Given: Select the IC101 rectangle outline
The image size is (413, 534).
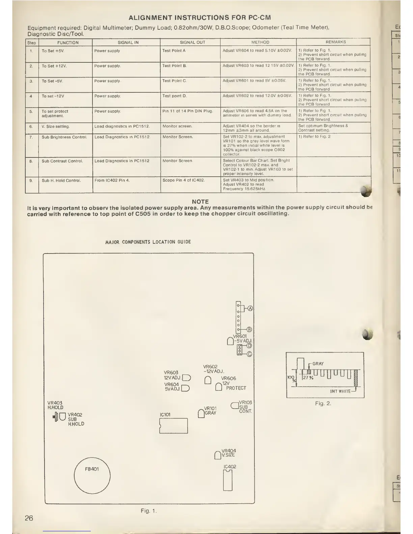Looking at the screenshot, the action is point(173,426).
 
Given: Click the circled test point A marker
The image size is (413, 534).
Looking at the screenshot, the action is point(250,308).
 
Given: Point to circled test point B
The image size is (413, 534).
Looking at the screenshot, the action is point(249,329).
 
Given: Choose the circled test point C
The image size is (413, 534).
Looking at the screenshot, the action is point(250,354).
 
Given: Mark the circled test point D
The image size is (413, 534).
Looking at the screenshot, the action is point(250,346).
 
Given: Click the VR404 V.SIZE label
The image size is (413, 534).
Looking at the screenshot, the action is point(228,453).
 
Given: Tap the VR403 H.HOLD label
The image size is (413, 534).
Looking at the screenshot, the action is point(55,405).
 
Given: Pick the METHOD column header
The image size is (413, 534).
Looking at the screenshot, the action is point(260,42).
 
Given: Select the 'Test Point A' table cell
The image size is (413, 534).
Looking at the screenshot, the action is point(174,51).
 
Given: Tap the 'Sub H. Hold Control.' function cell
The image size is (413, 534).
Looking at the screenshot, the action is point(61,180).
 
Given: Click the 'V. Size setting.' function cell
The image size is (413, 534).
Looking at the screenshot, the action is point(55,126).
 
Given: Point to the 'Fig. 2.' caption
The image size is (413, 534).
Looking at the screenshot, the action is point(323,403).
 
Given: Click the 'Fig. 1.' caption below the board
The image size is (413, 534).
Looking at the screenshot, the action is point(148,511).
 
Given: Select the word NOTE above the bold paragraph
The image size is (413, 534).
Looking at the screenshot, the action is point(200,202).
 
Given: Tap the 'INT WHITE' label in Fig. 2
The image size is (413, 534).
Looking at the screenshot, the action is point(340,391).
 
